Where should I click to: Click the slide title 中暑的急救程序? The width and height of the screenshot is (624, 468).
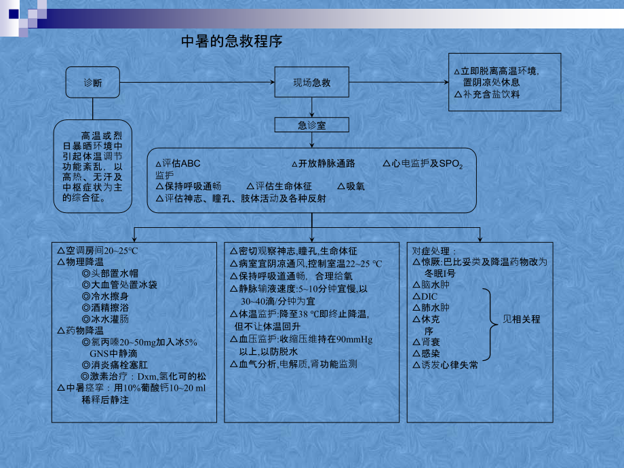(x=231, y=41)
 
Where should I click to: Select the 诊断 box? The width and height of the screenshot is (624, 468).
(x=93, y=82)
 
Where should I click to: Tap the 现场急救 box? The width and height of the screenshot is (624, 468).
(x=311, y=82)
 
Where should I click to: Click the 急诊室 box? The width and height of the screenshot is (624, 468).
(x=311, y=125)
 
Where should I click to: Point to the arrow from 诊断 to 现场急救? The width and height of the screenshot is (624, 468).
(x=197, y=82)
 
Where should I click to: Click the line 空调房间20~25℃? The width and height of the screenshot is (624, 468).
(x=98, y=251)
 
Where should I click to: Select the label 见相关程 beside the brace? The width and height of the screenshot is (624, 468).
(x=522, y=319)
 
